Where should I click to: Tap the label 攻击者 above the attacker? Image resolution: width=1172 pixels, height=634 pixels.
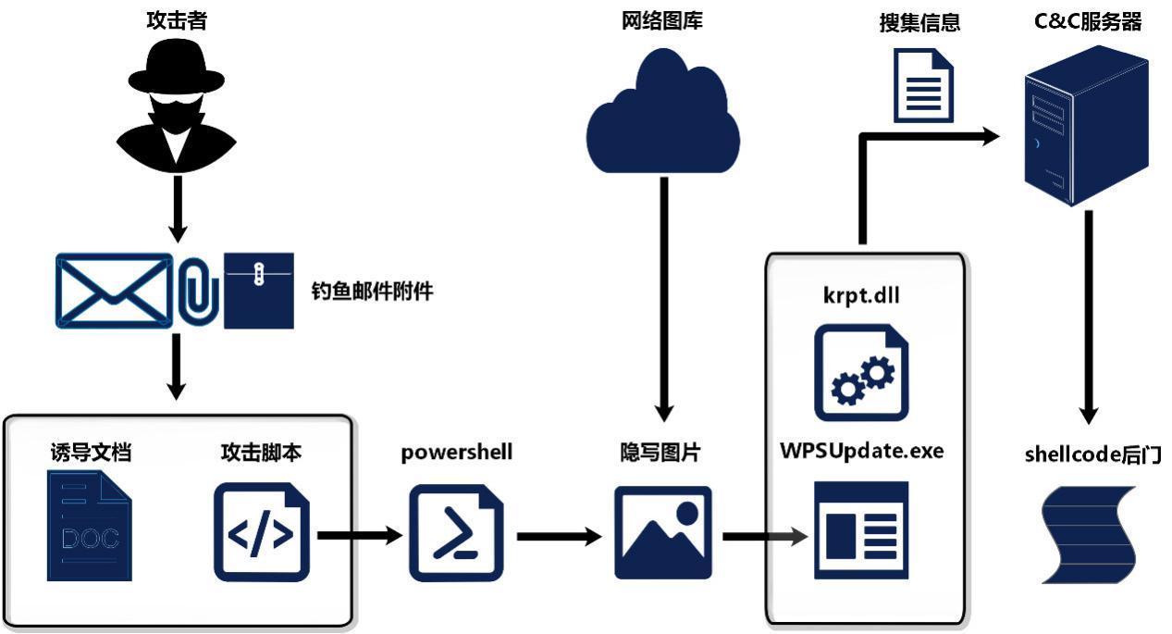click(x=176, y=20)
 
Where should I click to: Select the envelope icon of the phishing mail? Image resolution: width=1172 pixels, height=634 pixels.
click(x=114, y=290)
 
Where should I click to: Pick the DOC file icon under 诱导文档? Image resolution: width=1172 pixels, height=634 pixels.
click(x=89, y=526)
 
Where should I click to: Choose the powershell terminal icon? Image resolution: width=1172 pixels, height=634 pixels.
click(x=456, y=534)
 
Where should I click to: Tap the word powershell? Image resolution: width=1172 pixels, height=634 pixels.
click(x=456, y=453)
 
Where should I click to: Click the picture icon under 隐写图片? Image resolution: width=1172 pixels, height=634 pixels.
click(x=663, y=533)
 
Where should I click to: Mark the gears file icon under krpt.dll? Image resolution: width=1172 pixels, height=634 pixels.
click(x=861, y=371)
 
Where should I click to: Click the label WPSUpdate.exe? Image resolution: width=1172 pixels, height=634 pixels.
click(x=861, y=452)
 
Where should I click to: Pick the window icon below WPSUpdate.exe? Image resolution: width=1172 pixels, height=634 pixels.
click(x=861, y=530)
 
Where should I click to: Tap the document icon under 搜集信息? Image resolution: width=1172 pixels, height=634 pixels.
click(x=922, y=85)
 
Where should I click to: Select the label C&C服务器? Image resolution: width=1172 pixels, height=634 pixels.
click(x=1087, y=20)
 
